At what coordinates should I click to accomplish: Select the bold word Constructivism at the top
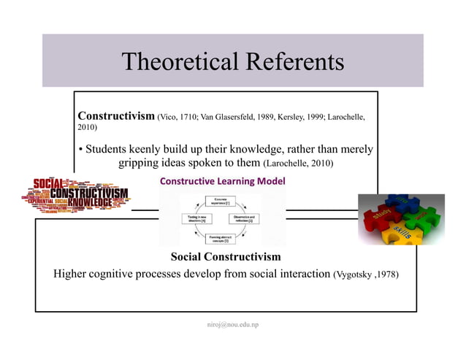(116, 115)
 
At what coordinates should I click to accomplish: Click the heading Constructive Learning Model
(222, 180)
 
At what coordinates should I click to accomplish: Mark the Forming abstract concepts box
(220, 237)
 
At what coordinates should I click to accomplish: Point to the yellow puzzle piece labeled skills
(401, 234)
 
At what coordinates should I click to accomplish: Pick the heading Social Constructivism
(225, 257)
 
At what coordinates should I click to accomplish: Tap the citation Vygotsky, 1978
(366, 275)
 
